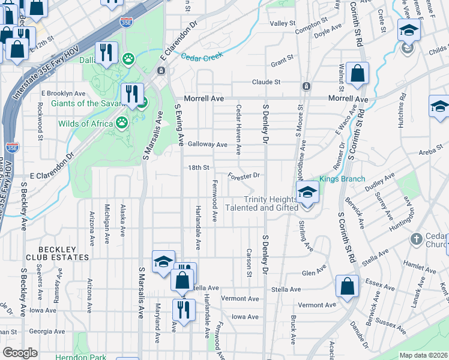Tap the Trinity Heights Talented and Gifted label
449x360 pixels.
tap(270, 204)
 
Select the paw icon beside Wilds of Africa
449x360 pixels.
tap(122, 123)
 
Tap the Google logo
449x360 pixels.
tap(20, 353)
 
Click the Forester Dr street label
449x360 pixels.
tap(244, 176)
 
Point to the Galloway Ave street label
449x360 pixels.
tap(208, 145)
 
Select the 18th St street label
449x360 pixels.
tap(199, 168)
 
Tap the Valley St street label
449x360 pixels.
tap(283, 23)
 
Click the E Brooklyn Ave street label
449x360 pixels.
tap(63, 94)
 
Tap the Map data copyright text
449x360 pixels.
tap(423, 355)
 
